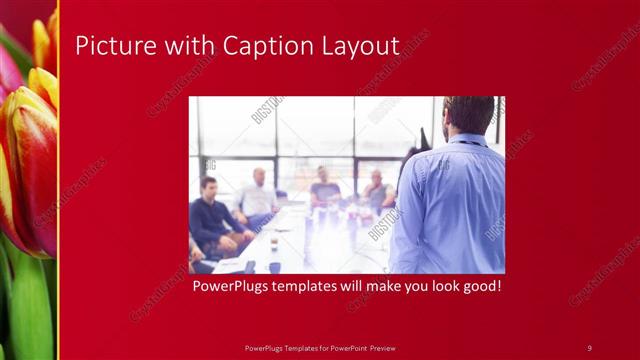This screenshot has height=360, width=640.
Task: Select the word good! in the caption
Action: (479, 287)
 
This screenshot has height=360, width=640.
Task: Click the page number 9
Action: (589, 347)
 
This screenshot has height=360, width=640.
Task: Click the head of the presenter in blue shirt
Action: (468, 115)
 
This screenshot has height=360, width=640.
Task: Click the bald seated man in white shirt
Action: (258, 195)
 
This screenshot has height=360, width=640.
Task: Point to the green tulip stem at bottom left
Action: (30, 310)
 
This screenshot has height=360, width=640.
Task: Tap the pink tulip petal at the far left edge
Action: (6, 70)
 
